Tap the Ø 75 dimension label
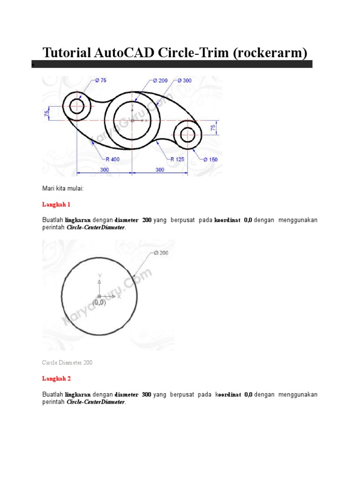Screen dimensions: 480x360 click(100, 80)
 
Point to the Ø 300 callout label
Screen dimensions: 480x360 click(184, 81)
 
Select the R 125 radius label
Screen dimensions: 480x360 click(177, 159)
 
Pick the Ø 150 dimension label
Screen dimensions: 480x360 click(210, 159)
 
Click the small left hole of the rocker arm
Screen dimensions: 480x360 click(77, 106)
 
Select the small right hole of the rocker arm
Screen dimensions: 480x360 click(188, 135)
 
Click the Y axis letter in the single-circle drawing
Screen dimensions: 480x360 click(99, 276)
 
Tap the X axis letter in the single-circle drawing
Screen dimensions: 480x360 click(119, 296)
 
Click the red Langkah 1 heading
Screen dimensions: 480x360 click(55, 204)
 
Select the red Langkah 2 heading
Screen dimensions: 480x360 click(55, 378)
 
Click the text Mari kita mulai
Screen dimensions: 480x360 click(63, 188)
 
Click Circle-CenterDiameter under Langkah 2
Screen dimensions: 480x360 click(96, 402)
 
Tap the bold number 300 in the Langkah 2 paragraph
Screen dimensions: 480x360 click(146, 395)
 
